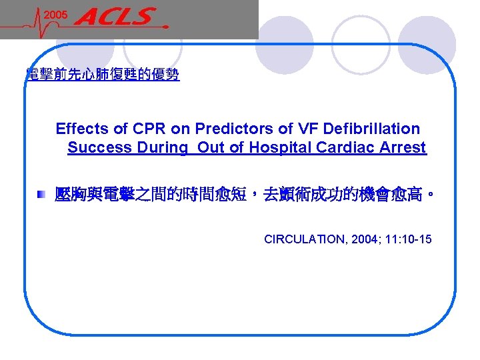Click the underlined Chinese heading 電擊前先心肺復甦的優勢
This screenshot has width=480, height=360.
click(102, 75)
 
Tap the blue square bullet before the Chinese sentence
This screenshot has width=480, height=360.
click(42, 195)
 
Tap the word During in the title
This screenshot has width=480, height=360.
click(163, 147)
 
